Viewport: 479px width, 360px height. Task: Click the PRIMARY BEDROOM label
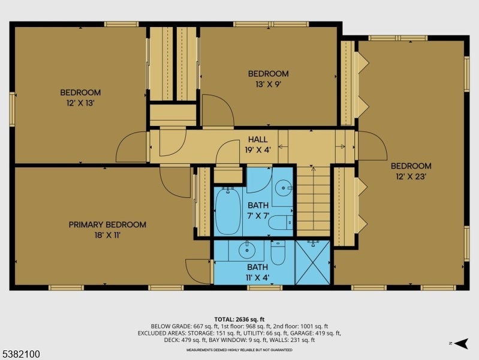(x=107, y=224)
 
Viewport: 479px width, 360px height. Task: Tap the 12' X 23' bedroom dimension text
(x=411, y=176)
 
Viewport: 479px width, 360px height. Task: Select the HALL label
(x=258, y=139)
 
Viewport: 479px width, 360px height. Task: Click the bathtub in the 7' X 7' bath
(x=228, y=211)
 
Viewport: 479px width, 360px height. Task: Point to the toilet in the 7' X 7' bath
(x=281, y=223)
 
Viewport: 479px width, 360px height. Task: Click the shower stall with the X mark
(x=312, y=262)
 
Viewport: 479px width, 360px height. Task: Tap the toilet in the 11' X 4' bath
(x=278, y=253)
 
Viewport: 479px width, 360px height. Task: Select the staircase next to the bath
(x=314, y=201)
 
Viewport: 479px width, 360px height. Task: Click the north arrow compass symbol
(x=461, y=343)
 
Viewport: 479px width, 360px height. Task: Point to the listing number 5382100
(x=20, y=354)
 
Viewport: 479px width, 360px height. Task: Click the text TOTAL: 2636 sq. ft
(x=239, y=320)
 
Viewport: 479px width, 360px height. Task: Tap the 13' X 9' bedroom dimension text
(x=268, y=84)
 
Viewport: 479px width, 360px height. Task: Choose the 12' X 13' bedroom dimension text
(x=80, y=103)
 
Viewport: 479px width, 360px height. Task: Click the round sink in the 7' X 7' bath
(x=283, y=187)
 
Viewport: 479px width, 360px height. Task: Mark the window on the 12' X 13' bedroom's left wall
(x=12, y=109)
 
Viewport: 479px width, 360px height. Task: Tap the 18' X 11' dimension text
(x=107, y=235)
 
